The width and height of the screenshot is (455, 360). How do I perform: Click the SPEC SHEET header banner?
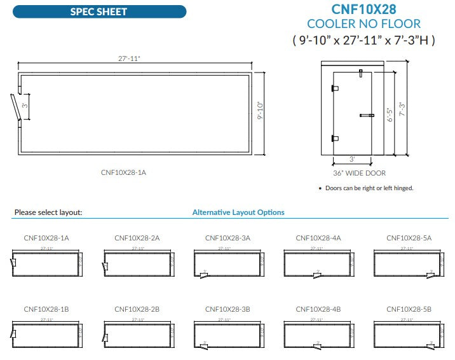tap(98, 11)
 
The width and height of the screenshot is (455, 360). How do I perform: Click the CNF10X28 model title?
tap(363, 9)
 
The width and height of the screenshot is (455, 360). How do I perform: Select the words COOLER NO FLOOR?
tap(363, 24)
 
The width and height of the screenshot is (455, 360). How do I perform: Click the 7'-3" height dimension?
tap(400, 108)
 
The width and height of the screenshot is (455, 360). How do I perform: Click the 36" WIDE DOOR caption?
tap(359, 173)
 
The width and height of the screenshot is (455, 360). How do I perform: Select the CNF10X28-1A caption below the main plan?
tap(128, 172)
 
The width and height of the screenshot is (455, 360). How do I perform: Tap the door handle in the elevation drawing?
tap(367, 115)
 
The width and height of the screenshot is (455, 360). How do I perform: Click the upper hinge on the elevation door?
tap(335, 89)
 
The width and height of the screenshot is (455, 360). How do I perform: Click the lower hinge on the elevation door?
tap(335, 138)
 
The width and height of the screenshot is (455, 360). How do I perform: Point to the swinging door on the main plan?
tap(15, 107)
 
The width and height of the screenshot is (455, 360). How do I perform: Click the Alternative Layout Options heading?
tap(238, 212)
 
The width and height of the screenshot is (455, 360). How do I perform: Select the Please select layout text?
tap(48, 212)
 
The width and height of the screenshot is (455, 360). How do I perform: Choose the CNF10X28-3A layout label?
tap(227, 238)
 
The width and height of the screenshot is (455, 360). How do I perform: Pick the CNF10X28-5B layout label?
tap(409, 309)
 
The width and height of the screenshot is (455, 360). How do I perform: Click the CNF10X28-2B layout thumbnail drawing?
tap(137, 333)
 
